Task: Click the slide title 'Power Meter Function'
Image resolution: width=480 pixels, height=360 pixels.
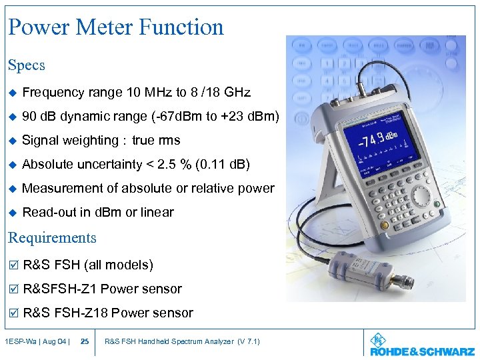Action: point(116,27)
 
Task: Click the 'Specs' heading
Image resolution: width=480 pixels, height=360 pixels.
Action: point(27,65)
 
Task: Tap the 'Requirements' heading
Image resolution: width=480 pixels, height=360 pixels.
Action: point(52,238)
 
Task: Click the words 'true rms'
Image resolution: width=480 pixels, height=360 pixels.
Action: point(155,141)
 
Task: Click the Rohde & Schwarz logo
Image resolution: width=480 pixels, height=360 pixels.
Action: point(421,343)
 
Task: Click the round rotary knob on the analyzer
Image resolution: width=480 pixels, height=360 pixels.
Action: point(421,195)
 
